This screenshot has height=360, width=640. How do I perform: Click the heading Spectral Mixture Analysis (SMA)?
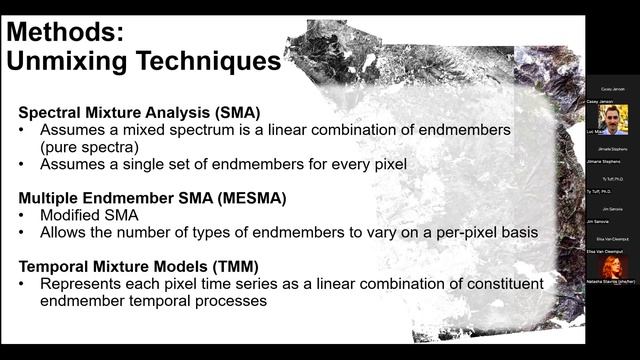click(x=135, y=113)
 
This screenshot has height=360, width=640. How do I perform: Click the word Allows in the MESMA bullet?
click(x=65, y=232)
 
